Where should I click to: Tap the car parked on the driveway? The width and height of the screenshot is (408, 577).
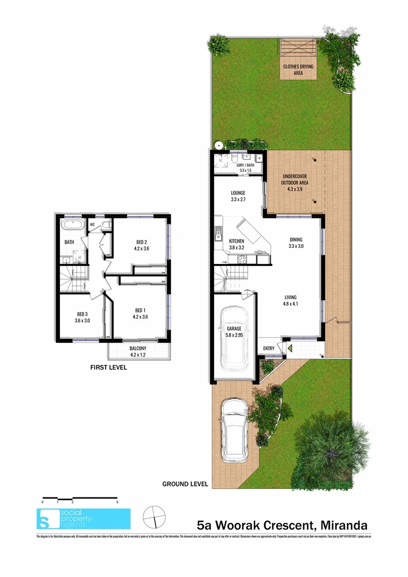point(233,430)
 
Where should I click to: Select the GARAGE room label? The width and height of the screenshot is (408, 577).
point(234,329)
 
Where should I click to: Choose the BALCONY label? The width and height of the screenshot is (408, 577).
point(138,348)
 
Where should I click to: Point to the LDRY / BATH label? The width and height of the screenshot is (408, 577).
point(246,165)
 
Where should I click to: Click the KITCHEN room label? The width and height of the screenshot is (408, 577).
point(237,241)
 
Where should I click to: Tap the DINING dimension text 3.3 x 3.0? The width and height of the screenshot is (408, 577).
point(296,246)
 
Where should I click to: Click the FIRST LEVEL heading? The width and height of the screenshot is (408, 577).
point(108,367)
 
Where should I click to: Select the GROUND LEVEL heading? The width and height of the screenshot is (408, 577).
point(185,484)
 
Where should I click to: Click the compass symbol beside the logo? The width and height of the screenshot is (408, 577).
point(154,517)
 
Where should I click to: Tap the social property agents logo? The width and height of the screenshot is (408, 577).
point(83,518)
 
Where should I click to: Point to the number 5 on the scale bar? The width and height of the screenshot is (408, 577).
point(117,503)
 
